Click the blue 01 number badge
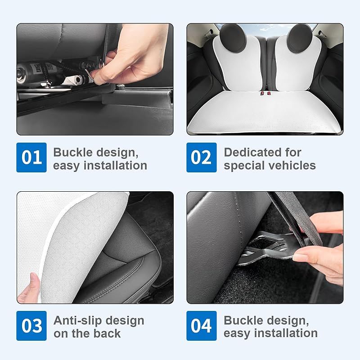coord(31,157)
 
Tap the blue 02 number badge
coord(201,157)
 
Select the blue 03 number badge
coord(31,325)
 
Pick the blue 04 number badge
coord(201,325)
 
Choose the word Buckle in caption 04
coord(240,320)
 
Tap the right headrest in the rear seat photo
coord(301,38)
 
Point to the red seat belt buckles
coord(265,93)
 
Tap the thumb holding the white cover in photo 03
coord(30,287)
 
